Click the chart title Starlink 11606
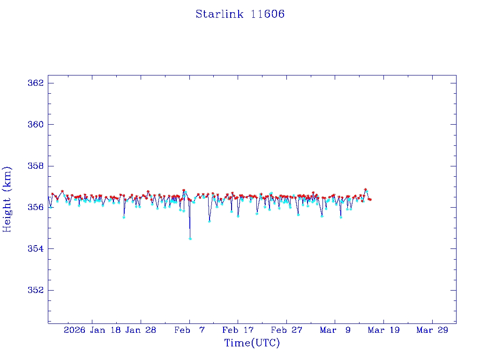240,14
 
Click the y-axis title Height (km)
7,199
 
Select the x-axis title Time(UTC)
252,343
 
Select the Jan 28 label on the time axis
140,330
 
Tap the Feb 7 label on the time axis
189,330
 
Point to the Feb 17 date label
238,330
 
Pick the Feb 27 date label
286,330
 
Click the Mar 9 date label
335,330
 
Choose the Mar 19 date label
383,330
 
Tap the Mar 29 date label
432,330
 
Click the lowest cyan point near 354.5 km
190,239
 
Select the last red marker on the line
370,200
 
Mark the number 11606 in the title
268,14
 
